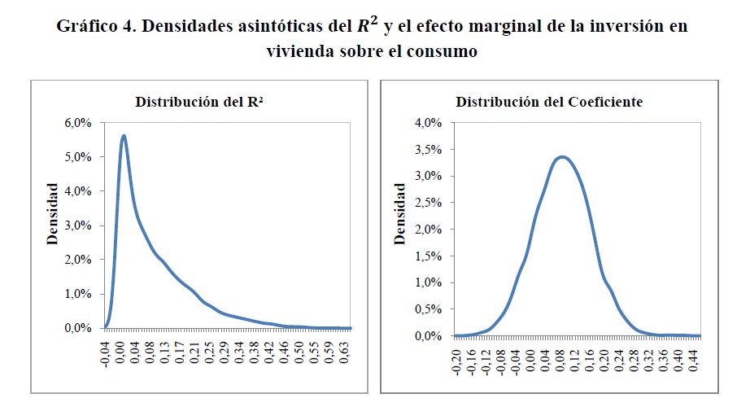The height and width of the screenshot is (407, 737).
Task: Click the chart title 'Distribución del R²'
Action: (x=192, y=103)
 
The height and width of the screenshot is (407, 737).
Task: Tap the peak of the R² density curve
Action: (x=124, y=136)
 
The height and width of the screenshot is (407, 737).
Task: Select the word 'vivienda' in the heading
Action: (x=296, y=50)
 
